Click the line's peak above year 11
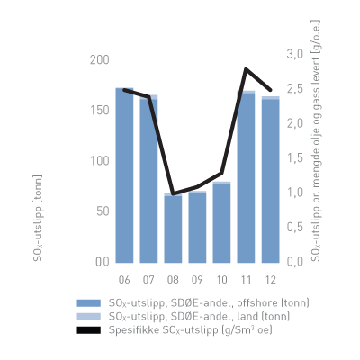pyautogui.click(x=246, y=69)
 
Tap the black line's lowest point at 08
pyautogui.click(x=173, y=193)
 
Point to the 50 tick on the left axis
pyautogui.click(x=102, y=211)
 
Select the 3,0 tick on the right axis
pyautogui.click(x=293, y=54)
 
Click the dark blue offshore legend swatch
pyautogui.click(x=88, y=303)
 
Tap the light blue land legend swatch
pyautogui.click(x=88, y=317)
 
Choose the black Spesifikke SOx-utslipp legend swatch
pyautogui.click(x=88, y=330)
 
